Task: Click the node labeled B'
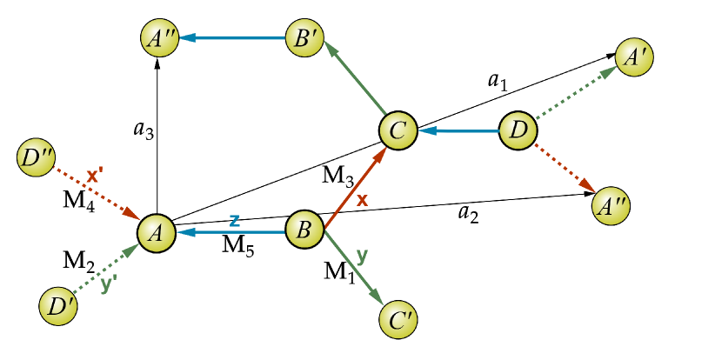point(305,38)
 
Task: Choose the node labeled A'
point(634,57)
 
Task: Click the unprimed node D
point(519,132)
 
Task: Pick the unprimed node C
point(398,132)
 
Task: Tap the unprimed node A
point(157,232)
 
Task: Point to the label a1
point(497,82)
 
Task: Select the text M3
point(338,177)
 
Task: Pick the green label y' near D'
point(109,283)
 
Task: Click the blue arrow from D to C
point(459,132)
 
